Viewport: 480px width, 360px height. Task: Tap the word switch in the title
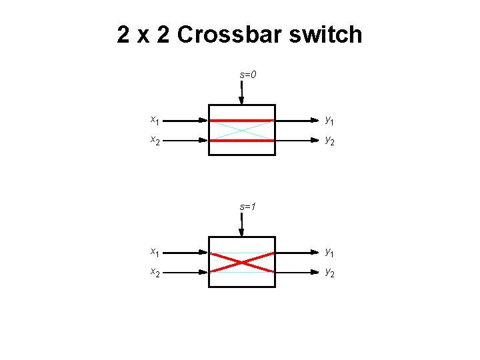pyautogui.click(x=327, y=35)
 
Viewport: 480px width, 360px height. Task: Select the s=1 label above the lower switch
pyautogui.click(x=248, y=207)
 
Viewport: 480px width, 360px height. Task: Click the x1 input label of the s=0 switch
pyautogui.click(x=154, y=121)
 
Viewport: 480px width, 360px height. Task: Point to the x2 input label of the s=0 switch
pyautogui.click(x=154, y=141)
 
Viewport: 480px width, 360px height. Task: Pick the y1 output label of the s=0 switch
pyautogui.click(x=329, y=121)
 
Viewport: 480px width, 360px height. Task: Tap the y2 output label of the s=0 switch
pyautogui.click(x=329, y=141)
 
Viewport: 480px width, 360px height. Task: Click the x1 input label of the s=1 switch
pyautogui.click(x=154, y=253)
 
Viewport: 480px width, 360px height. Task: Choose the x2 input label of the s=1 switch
pyautogui.click(x=154, y=273)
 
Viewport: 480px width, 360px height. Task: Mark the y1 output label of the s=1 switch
pyautogui.click(x=329, y=253)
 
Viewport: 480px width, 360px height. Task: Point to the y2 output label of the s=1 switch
pyautogui.click(x=329, y=273)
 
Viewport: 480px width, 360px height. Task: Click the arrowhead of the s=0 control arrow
pyautogui.click(x=241, y=100)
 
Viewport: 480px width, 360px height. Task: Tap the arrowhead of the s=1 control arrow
pyautogui.click(x=241, y=232)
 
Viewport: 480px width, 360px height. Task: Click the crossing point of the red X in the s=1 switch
pyautogui.click(x=241, y=263)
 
